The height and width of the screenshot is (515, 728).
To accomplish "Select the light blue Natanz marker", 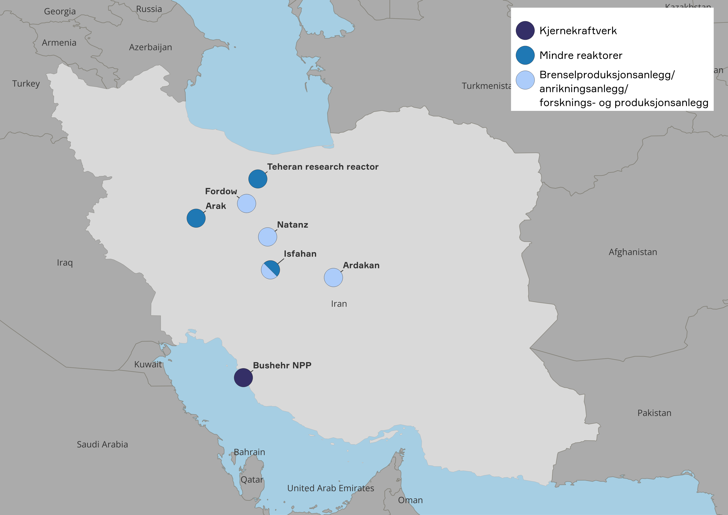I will click(x=268, y=237).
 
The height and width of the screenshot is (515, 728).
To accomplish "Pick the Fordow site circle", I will click(x=246, y=203).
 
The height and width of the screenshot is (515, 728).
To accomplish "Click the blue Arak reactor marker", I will click(x=196, y=218).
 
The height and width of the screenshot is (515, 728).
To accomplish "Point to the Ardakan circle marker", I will click(x=333, y=277).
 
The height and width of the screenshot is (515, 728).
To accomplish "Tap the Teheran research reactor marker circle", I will click(x=258, y=179).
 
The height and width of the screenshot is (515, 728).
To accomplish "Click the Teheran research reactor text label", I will click(x=323, y=167).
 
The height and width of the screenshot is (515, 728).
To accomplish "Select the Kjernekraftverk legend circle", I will click(x=525, y=31).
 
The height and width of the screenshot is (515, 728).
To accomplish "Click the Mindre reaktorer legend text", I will click(x=581, y=55).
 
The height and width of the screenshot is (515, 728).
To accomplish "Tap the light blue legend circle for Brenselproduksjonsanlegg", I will click(x=525, y=80).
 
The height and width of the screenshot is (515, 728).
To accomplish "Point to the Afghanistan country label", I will click(x=633, y=252).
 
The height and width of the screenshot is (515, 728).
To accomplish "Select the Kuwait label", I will click(x=148, y=364).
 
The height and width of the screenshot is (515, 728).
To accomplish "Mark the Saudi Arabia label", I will click(x=102, y=444).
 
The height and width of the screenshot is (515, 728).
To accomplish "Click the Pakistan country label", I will click(x=654, y=413).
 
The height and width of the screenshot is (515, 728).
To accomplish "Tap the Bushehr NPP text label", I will click(x=282, y=365).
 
